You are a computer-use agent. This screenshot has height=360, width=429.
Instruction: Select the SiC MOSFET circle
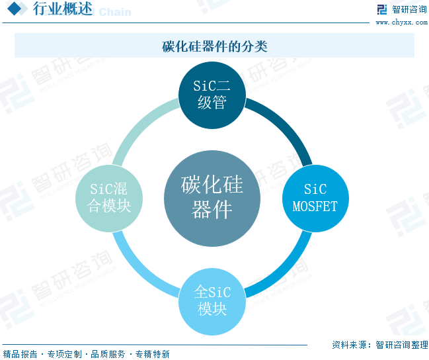[x=315, y=198]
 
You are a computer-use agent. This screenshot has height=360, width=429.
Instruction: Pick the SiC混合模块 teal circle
[x=110, y=197]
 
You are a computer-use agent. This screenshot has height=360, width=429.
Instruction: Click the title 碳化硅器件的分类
[x=214, y=46]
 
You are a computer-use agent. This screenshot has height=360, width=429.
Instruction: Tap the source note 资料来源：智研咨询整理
[x=379, y=345]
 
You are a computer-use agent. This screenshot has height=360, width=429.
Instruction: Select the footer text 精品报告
[x=20, y=354]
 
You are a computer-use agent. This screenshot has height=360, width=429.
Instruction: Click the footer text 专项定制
[x=64, y=354]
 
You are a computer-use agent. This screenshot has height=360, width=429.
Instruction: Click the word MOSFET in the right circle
[x=315, y=206]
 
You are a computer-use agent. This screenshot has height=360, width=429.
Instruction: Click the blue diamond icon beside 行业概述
[x=17, y=9]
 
